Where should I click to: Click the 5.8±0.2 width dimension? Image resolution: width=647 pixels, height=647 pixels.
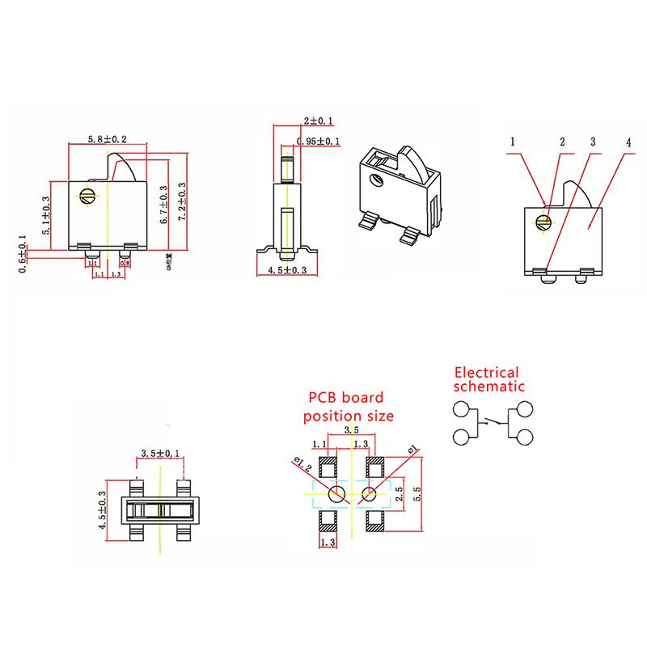(x=107, y=140)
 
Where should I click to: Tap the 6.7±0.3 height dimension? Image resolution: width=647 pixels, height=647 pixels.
(x=164, y=204)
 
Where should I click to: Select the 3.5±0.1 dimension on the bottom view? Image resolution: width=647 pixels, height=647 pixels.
(x=161, y=453)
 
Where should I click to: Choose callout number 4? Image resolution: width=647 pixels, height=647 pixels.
(x=628, y=142)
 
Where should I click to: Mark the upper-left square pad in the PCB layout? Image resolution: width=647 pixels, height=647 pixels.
(x=328, y=467)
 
